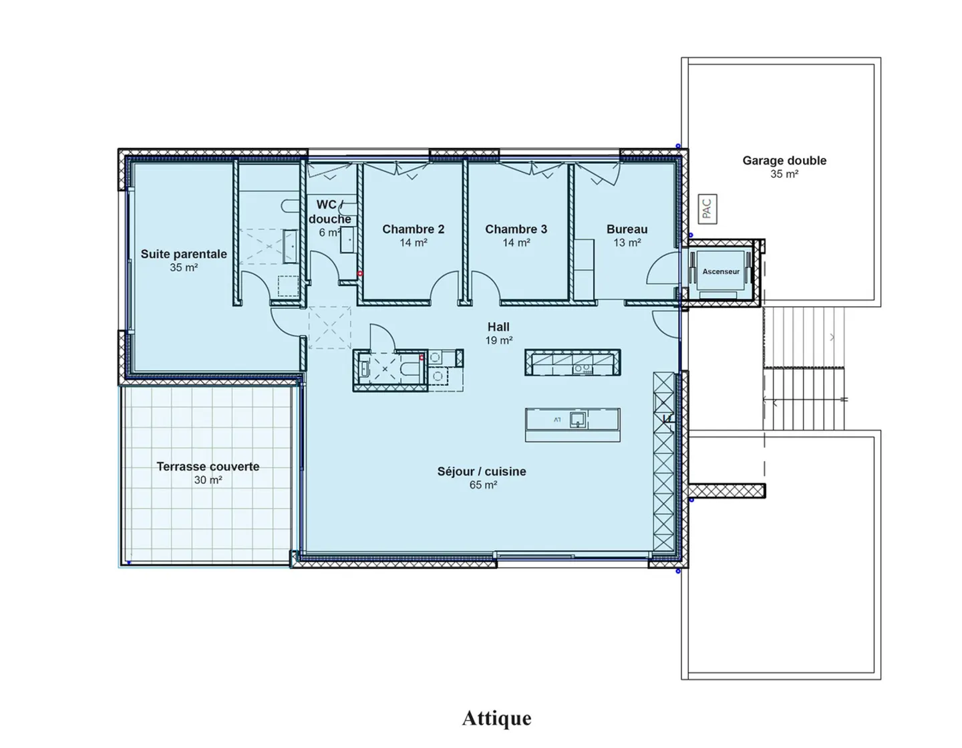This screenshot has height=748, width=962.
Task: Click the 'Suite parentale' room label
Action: coord(184,254)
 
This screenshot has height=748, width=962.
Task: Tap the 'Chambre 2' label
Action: coord(413,229)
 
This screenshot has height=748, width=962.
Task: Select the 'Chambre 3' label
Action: coord(516,229)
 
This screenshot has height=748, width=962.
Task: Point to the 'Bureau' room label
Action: coord(627,229)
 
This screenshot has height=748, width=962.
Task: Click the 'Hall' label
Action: coord(498,327)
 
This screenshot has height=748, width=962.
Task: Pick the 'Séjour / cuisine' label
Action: coord(482,471)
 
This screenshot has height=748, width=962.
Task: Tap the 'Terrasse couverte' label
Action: coord(208,467)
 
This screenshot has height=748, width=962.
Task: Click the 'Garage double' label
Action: coord(784,160)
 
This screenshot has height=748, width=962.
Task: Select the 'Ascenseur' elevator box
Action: coord(721,272)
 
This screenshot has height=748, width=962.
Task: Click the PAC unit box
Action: coord(707,208)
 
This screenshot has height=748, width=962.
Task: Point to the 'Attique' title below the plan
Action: coord(496,718)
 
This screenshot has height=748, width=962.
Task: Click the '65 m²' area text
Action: coord(483,485)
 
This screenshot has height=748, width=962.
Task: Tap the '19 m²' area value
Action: coord(499,341)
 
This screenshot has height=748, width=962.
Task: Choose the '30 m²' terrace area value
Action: coord(208,481)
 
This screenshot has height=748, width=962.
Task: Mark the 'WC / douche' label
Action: coord(330,211)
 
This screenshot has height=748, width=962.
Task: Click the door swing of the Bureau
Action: coord(660,270)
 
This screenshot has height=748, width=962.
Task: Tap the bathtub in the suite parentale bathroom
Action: coord(291,246)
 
